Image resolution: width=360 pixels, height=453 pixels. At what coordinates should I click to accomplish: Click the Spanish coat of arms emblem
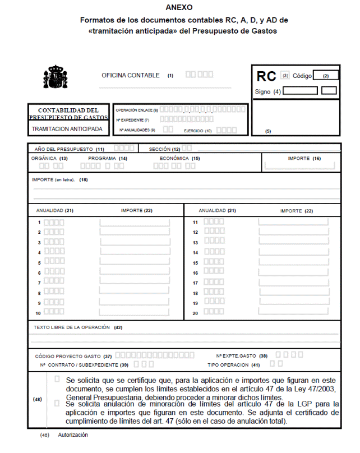click(55, 77)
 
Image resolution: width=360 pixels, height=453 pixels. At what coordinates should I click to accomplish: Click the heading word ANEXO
click(179, 7)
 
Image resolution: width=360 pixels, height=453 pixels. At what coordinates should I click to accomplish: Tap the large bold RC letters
click(266, 77)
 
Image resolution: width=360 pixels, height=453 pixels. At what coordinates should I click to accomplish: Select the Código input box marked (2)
click(326, 75)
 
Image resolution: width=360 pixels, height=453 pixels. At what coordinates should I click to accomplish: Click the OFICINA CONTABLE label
click(131, 75)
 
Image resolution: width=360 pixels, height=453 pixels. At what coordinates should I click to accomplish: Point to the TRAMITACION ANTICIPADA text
click(67, 129)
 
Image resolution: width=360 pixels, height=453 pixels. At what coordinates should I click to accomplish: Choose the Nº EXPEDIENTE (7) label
click(132, 120)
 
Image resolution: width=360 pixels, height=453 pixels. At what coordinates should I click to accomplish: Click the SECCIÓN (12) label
click(164, 150)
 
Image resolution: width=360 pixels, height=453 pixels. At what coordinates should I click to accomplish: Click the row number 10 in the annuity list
click(39, 313)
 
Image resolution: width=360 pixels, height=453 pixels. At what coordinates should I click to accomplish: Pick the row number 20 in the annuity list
click(196, 313)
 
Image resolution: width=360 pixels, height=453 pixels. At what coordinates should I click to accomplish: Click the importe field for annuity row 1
click(135, 223)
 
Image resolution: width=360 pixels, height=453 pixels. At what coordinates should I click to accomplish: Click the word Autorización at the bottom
click(73, 435)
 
